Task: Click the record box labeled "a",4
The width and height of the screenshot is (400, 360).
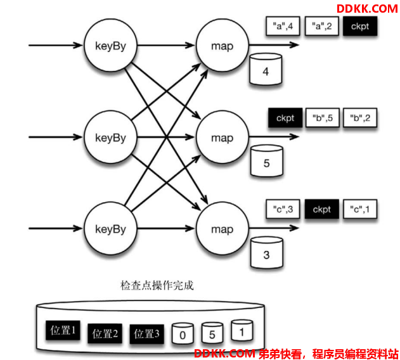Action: [283, 26]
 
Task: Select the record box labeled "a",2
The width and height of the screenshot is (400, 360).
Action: [321, 26]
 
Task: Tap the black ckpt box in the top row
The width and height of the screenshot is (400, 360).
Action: [360, 26]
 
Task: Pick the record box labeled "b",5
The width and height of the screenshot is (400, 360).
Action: [323, 118]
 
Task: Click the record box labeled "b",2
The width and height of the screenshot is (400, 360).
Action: [360, 118]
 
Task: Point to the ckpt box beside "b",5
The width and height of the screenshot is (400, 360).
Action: [285, 118]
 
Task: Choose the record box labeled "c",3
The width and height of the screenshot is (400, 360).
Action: [283, 209]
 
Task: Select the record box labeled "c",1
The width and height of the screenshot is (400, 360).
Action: [360, 209]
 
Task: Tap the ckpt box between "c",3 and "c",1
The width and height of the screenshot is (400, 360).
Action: [321, 209]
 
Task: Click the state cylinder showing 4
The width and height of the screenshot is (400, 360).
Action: [266, 69]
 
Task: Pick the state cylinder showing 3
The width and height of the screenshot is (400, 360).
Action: [267, 252]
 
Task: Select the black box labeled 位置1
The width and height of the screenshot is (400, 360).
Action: [63, 330]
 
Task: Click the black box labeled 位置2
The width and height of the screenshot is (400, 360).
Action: [105, 333]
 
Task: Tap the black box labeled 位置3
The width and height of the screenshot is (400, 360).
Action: [146, 334]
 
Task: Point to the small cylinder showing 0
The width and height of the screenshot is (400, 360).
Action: [183, 333]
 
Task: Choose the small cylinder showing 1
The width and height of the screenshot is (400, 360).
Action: [242, 330]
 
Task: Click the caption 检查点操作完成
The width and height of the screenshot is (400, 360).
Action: [157, 285]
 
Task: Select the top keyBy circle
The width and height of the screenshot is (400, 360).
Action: [110, 46]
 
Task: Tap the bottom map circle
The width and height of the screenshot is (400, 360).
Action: [223, 229]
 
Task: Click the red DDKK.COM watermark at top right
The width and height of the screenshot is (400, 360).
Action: [367, 9]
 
